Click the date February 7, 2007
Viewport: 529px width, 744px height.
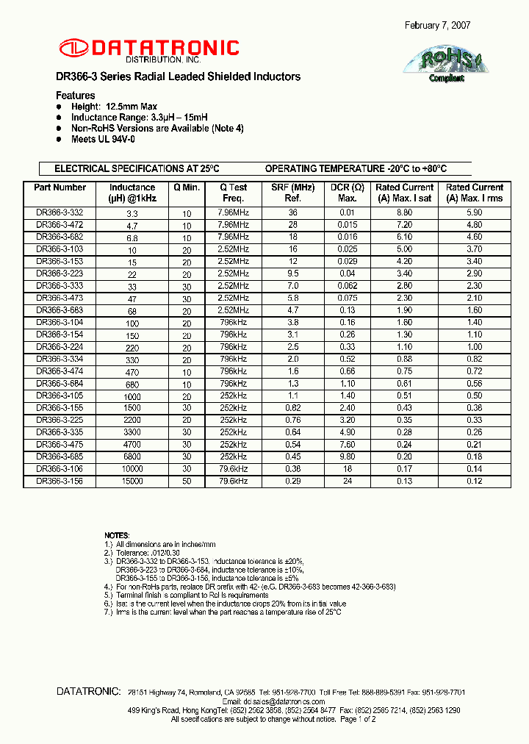[438, 25]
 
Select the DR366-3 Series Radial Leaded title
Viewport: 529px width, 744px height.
[178, 76]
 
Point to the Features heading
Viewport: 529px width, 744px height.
[76, 96]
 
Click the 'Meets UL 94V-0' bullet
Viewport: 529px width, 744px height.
[103, 139]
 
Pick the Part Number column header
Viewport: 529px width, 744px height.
[60, 187]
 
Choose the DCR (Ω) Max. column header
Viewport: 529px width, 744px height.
[347, 193]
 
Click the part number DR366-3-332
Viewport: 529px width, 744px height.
[60, 212]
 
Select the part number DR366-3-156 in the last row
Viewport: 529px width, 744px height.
[60, 481]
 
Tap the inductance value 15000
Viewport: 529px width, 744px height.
[132, 481]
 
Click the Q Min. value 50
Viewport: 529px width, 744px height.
[187, 481]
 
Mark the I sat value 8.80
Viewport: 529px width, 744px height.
[405, 212]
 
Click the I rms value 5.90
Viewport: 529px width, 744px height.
[474, 212]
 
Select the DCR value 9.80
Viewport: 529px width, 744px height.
[347, 457]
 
